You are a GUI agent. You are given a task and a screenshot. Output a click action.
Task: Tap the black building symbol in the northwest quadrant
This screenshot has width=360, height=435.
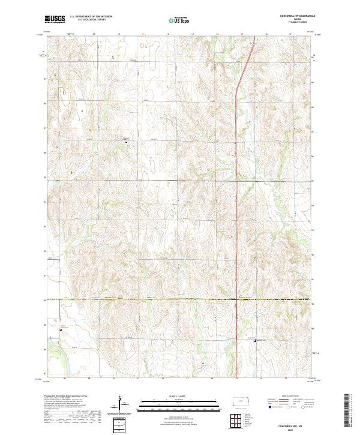click(x=126, y=142)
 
